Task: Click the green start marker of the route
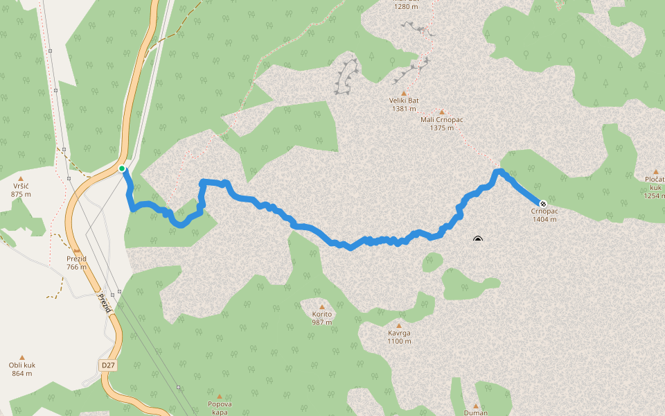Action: [x=122, y=168]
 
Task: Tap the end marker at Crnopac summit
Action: [x=543, y=204]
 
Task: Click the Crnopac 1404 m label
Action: [x=544, y=215]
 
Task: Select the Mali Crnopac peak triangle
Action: [x=441, y=112]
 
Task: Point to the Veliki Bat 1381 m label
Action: [x=404, y=104]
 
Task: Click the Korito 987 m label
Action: [x=322, y=318]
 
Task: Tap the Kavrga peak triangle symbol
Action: [x=399, y=325]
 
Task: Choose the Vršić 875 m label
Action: [x=21, y=190]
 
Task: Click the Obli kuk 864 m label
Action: [x=21, y=369]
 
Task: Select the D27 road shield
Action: [x=107, y=365]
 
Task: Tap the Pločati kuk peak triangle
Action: [x=655, y=171]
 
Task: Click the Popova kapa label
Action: [x=220, y=407]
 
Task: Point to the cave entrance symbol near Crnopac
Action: [x=477, y=240]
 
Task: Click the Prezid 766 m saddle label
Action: [x=76, y=263]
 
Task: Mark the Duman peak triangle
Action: [x=476, y=406]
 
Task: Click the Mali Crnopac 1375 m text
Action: [x=441, y=123]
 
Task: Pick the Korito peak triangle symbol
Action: [x=322, y=306]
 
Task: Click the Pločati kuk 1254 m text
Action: [x=655, y=187]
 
